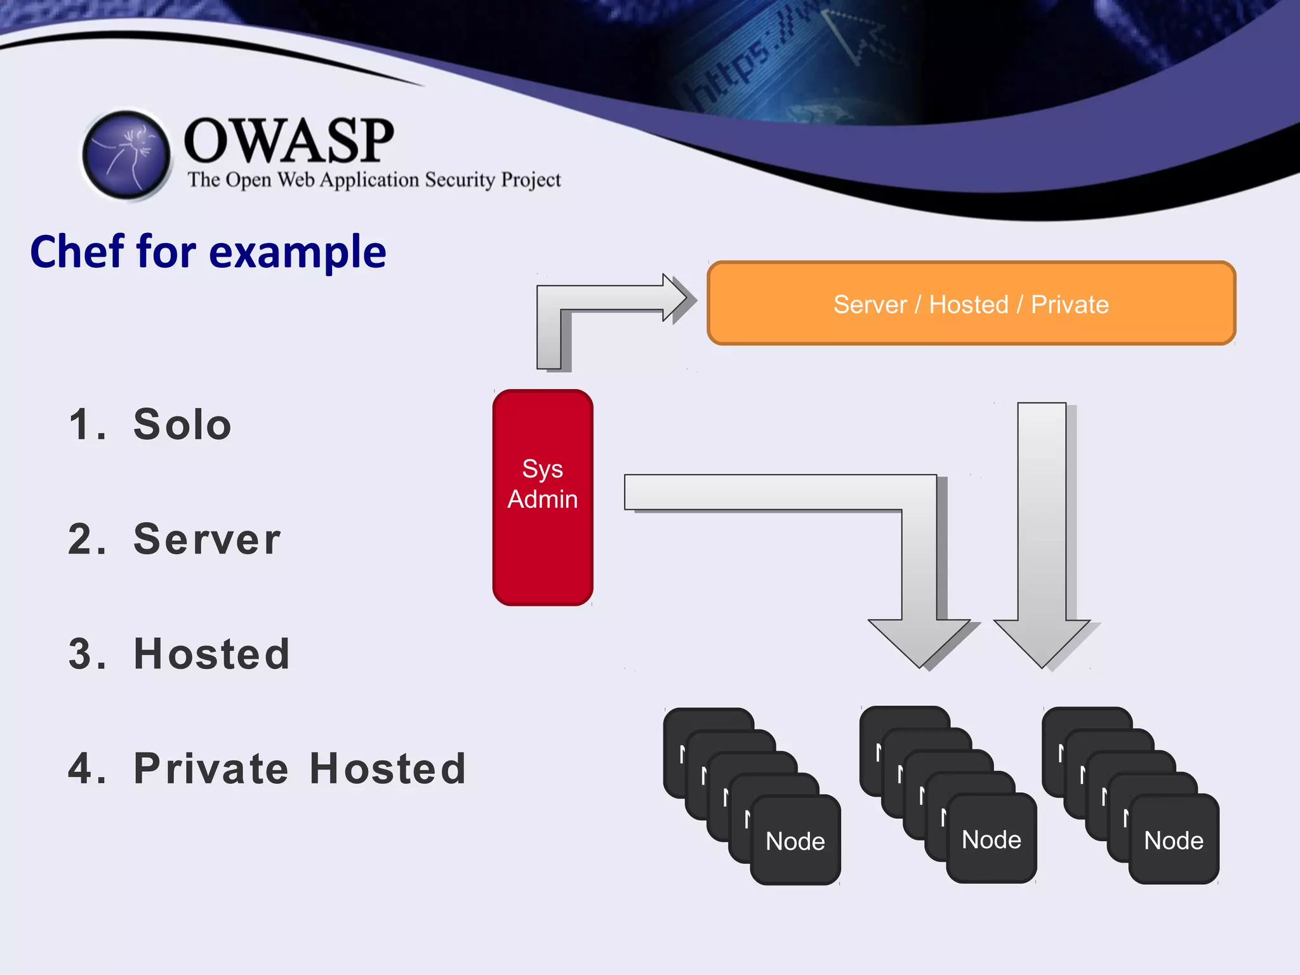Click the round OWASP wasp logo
coord(127,156)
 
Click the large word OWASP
coord(289,141)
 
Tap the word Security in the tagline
coord(460,180)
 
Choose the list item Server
coord(207,540)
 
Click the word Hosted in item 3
coord(212,654)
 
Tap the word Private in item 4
coord(211,769)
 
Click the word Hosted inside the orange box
coord(969,305)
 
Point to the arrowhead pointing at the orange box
coord(675,298)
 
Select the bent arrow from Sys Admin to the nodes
coord(825,493)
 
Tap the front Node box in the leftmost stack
coord(795,841)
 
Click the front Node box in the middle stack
coord(992,840)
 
